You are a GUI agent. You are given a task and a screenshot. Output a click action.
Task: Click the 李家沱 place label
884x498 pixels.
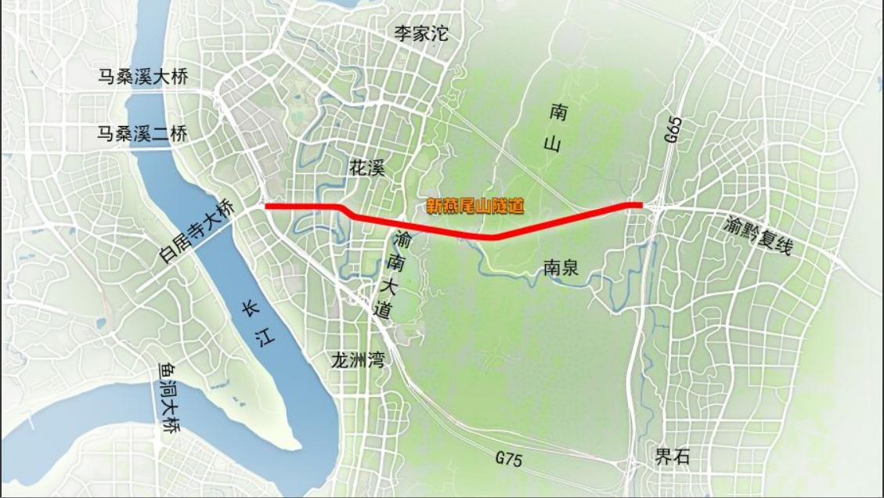coord(420,34)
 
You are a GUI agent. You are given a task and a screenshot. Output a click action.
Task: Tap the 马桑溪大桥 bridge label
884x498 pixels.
coord(143,77)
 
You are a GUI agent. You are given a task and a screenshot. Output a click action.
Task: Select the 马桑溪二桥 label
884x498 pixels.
coord(143,134)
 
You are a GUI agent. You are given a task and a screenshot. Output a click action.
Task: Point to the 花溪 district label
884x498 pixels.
coord(367,168)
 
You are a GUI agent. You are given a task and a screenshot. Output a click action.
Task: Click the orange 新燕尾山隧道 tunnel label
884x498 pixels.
coord(474,207)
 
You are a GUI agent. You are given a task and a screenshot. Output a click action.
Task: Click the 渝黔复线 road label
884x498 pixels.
coord(759,235)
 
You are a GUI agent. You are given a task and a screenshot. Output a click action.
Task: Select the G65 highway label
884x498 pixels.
coord(672,128)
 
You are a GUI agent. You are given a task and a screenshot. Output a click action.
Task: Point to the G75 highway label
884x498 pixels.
coord(508,460)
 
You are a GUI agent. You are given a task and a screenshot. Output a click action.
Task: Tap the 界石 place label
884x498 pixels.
coord(673,456)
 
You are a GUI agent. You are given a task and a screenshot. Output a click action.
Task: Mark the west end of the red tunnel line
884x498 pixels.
coord(266,207)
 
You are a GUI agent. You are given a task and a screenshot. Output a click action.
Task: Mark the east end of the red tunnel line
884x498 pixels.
coord(642,205)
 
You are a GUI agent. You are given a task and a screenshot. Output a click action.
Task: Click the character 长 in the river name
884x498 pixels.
coord(248,309)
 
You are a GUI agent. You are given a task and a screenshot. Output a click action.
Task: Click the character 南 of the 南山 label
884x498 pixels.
coord(558,113)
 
